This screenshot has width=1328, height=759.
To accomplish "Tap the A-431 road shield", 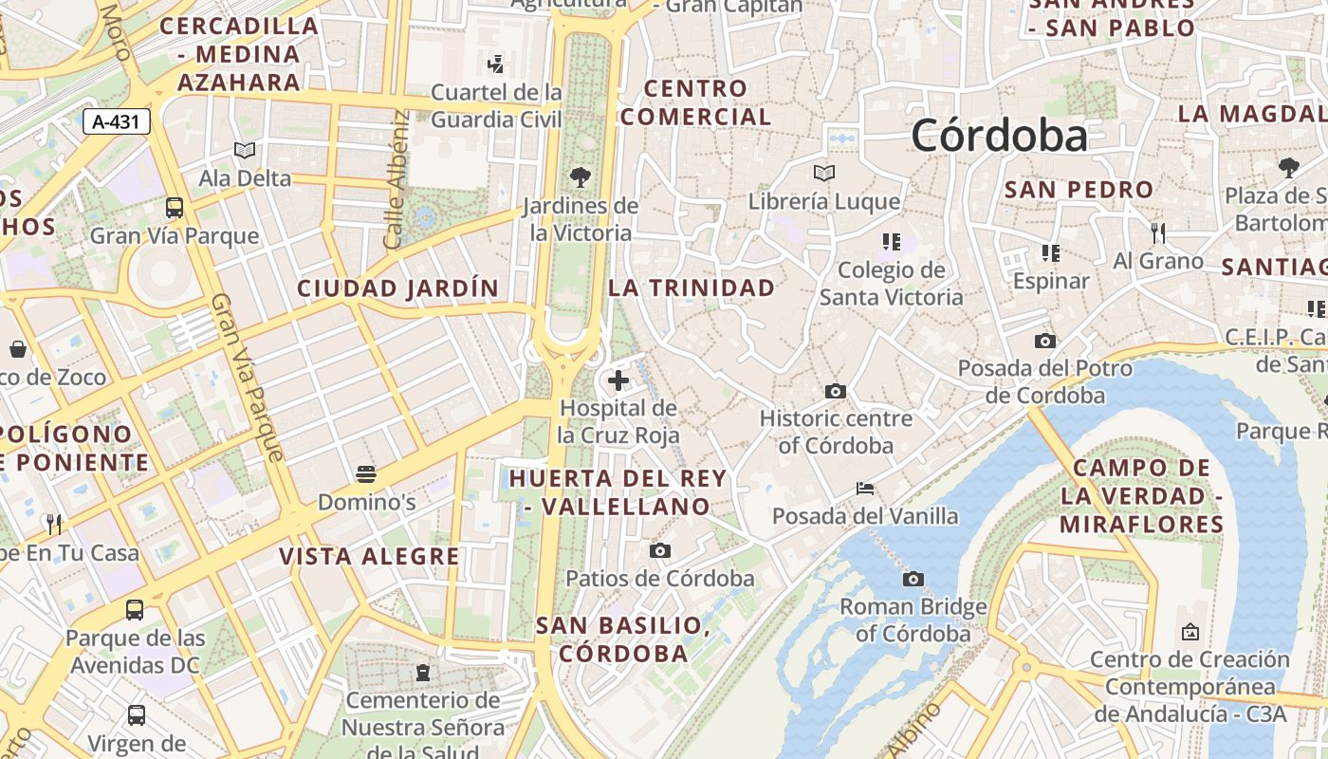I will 117,121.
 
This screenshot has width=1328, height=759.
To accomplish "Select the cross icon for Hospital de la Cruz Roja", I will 618,380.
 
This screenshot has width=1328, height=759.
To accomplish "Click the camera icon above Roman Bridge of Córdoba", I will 913,579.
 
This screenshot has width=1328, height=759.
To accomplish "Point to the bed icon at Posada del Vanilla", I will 865,489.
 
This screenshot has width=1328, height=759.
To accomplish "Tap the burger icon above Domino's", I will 366,474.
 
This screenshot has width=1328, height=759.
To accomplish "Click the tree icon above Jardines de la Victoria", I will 580,176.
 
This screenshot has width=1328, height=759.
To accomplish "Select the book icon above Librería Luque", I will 823,174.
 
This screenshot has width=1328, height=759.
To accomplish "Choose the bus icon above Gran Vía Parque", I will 174,208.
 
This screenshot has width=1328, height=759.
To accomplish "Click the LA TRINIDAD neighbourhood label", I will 692,287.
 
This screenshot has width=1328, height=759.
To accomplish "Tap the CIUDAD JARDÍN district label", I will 397,288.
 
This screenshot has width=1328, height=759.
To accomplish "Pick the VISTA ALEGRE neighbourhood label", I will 369,557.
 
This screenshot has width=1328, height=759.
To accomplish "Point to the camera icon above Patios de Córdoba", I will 660,550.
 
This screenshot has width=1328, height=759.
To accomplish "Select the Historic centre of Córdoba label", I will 836,432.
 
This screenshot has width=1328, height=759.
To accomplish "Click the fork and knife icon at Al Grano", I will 1157,232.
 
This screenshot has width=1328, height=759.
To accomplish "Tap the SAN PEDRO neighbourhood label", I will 1079,190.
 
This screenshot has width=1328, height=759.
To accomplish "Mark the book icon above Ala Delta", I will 245,150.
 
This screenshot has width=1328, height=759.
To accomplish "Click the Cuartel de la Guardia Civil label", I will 496,106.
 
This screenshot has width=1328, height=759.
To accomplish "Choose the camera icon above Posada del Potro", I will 1044,342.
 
